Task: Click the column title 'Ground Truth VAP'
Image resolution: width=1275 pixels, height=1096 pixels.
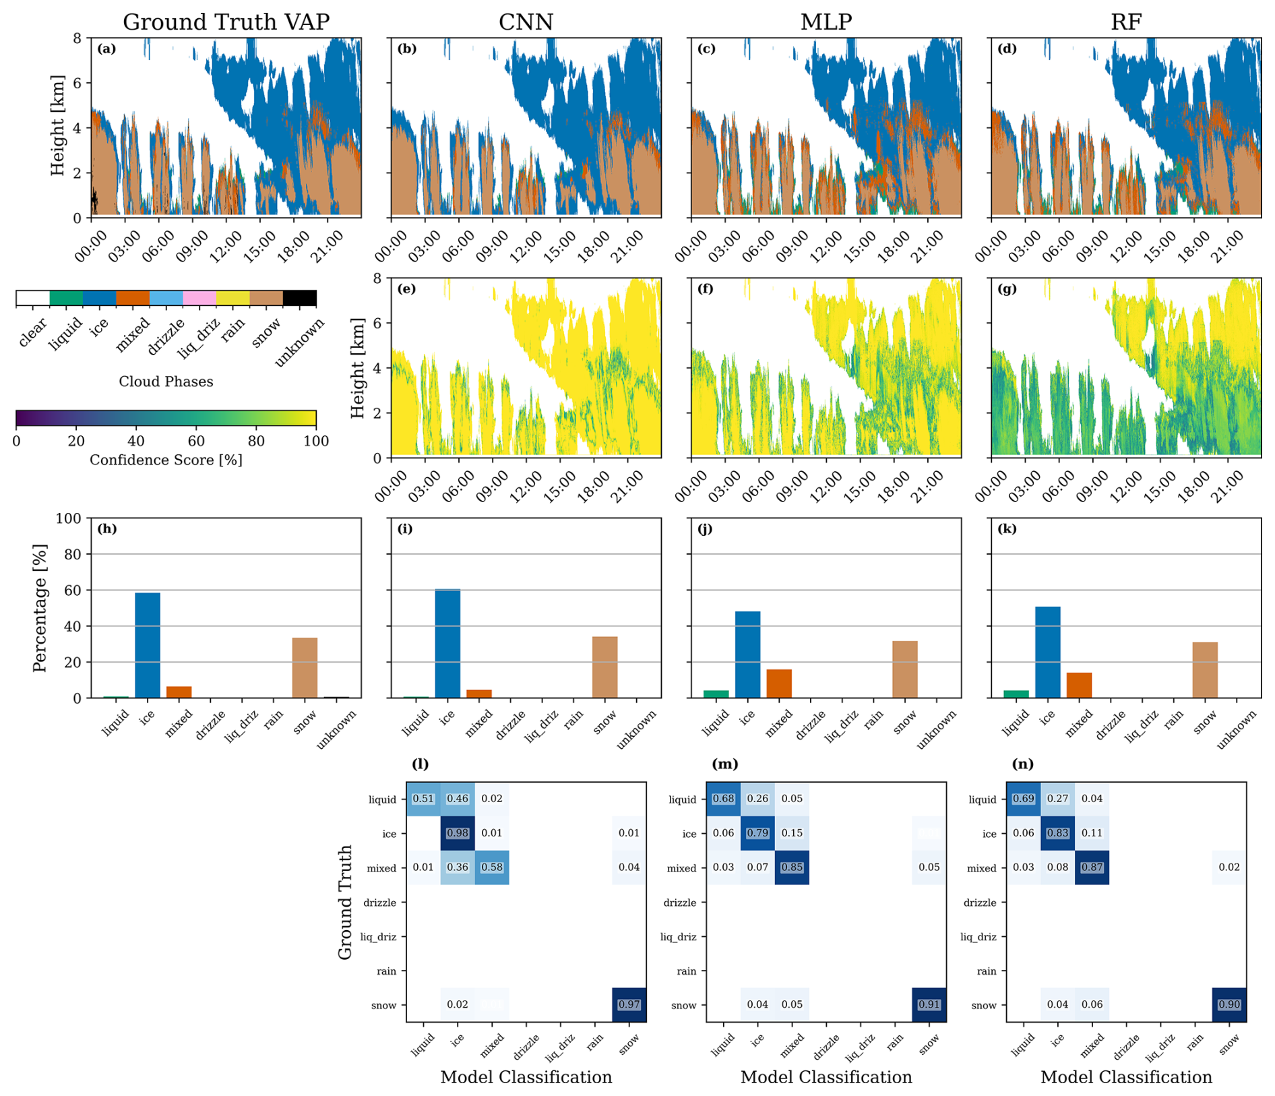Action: [226, 22]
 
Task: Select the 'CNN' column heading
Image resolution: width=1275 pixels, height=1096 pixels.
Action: [526, 22]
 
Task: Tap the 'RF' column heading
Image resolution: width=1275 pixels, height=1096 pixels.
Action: [1125, 22]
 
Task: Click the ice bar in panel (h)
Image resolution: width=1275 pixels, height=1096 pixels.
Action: [148, 645]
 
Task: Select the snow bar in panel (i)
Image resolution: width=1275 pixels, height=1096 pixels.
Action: [604, 667]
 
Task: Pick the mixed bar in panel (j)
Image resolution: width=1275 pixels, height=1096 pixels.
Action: [779, 683]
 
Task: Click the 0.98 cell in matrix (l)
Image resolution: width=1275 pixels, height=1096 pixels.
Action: [458, 833]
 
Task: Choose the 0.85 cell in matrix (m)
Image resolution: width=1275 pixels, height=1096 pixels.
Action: [792, 867]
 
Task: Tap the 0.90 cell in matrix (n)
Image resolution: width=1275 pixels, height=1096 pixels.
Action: [1229, 1004]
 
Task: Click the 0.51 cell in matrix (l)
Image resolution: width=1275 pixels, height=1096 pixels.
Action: [423, 799]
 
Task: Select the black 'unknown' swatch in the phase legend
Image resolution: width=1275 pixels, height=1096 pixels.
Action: [299, 298]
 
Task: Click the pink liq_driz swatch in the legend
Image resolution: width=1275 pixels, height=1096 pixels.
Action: [199, 298]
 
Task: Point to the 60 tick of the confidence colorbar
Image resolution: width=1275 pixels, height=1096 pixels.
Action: [196, 442]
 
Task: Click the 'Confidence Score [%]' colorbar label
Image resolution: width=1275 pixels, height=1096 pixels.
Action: [166, 460]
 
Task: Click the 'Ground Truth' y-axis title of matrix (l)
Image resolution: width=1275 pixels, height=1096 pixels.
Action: [345, 902]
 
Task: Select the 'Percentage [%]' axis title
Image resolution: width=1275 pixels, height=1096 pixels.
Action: [40, 608]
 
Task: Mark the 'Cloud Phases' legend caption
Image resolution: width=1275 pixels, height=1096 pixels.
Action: [166, 382]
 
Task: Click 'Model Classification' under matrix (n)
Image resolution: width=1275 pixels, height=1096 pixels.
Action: [1125, 1077]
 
